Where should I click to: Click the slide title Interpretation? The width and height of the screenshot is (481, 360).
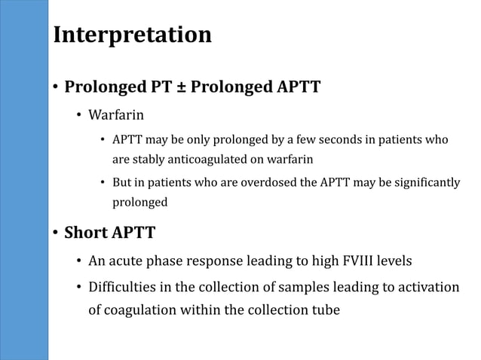(x=132, y=35)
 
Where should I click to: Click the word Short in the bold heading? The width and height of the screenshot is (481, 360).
(x=86, y=233)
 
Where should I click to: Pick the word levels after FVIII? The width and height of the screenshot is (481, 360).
(x=392, y=261)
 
